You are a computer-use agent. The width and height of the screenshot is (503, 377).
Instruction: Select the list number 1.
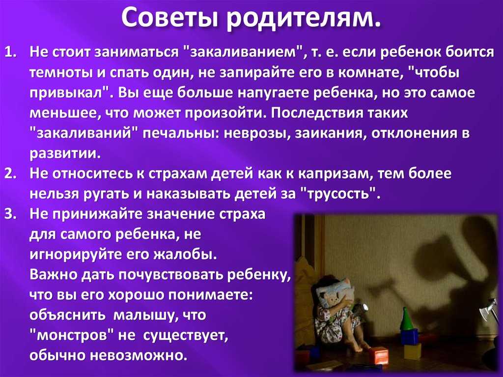point(11,52)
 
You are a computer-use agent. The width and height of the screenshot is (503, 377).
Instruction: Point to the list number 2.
point(11,174)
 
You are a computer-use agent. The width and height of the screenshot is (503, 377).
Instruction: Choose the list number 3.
point(11,214)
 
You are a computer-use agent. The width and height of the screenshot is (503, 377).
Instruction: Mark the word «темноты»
point(61,73)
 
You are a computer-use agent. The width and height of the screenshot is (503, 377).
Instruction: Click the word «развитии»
point(65,153)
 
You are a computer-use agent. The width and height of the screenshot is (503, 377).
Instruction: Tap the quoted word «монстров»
point(72,335)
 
